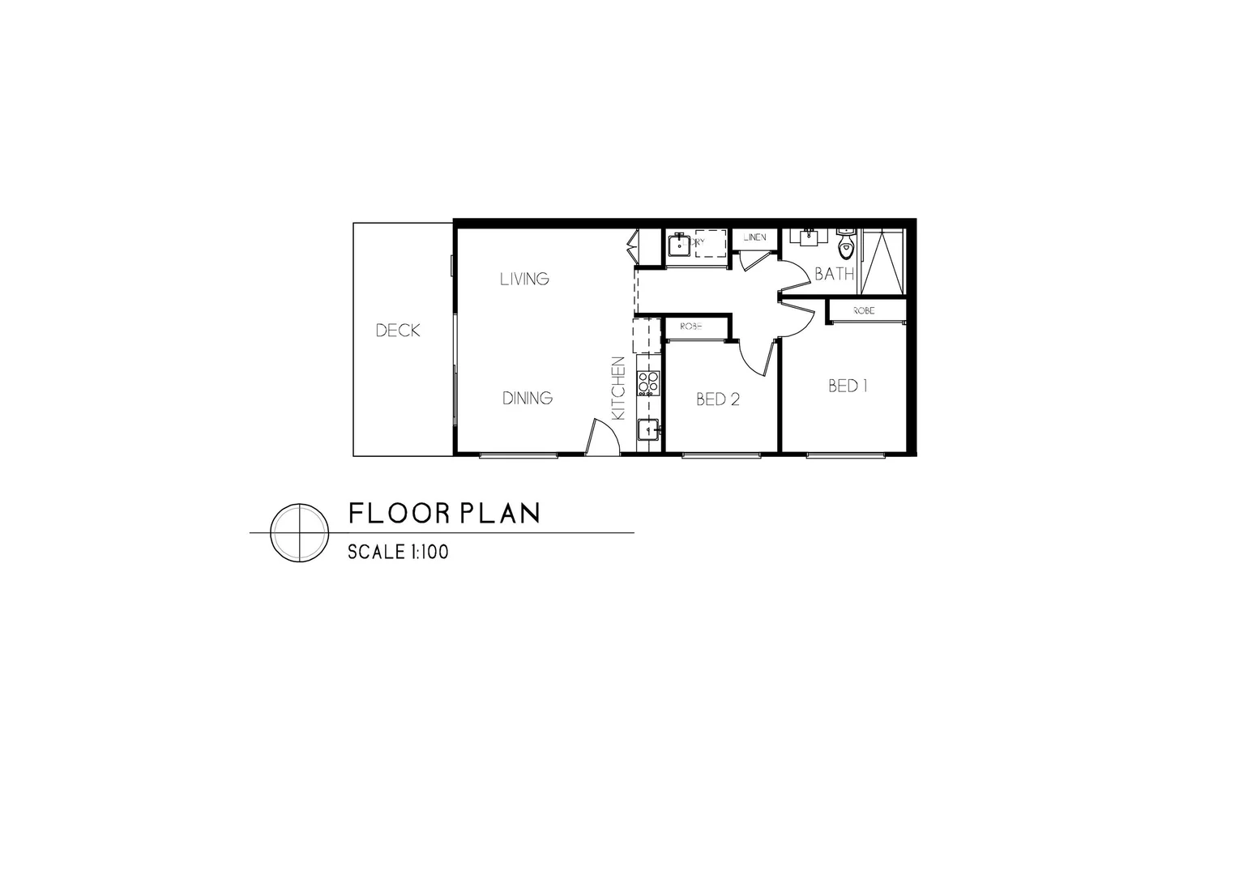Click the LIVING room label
coord(524,280)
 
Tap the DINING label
coord(528,398)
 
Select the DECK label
coord(398,331)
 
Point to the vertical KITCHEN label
coord(618,388)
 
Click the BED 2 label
coord(718,399)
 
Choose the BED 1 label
coord(848,386)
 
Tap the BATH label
coord(834,274)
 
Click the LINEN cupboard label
coord(754,238)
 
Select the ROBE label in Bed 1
coord(864,310)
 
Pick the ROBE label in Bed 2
coord(691,327)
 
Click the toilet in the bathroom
coord(847,242)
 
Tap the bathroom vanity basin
coord(809,237)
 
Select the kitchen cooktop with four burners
coord(648,382)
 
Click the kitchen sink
coord(648,430)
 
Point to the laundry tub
coord(678,243)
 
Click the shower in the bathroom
coord(881,261)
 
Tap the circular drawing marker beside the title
coord(299,532)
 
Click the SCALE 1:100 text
coord(398,553)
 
